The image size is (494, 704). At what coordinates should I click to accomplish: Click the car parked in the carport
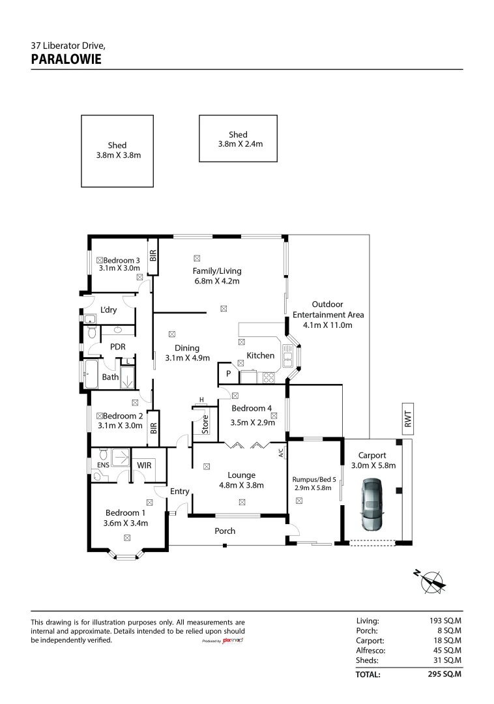pyautogui.click(x=372, y=504)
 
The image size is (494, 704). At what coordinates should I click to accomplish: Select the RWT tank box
pyautogui.click(x=407, y=419)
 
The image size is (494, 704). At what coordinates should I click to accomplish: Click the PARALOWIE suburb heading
pyautogui.click(x=66, y=59)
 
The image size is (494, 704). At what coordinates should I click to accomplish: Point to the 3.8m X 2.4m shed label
pyautogui.click(x=239, y=139)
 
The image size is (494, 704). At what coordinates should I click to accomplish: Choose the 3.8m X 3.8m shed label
pyautogui.click(x=118, y=150)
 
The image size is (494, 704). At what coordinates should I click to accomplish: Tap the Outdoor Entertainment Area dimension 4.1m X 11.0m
pyautogui.click(x=328, y=325)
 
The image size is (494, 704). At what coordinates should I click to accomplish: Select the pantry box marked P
pyautogui.click(x=228, y=373)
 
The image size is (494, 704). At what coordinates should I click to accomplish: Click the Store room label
pyautogui.click(x=205, y=424)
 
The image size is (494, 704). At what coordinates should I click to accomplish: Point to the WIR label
pyautogui.click(x=144, y=465)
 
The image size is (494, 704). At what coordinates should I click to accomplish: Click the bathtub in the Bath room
pyautogui.click(x=91, y=374)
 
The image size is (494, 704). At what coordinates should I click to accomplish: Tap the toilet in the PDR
pyautogui.click(x=92, y=332)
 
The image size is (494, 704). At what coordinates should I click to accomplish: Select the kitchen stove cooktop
pyautogui.click(x=269, y=377)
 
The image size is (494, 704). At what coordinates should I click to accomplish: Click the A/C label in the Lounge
pyautogui.click(x=282, y=452)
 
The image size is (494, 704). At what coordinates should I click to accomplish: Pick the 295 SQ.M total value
pyautogui.click(x=444, y=674)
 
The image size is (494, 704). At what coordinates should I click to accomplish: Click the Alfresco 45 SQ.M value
pyautogui.click(x=447, y=650)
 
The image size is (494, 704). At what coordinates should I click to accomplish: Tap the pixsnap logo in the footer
pyautogui.click(x=233, y=641)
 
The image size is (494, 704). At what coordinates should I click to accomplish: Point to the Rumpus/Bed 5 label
pyautogui.click(x=314, y=480)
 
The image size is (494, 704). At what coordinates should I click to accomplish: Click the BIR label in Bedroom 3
pyautogui.click(x=153, y=256)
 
